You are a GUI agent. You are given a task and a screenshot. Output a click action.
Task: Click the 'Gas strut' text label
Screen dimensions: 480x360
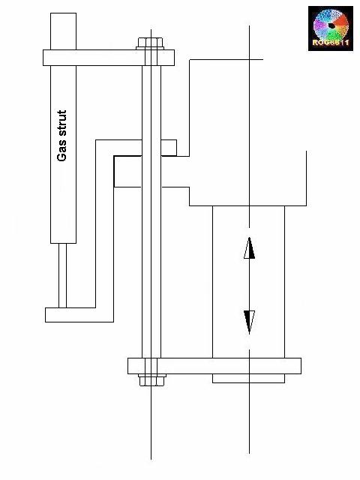click(x=62, y=136)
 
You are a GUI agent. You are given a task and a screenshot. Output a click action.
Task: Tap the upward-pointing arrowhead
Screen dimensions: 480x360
click(x=249, y=247)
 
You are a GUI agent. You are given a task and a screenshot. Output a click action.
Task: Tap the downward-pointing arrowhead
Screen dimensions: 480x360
click(x=249, y=321)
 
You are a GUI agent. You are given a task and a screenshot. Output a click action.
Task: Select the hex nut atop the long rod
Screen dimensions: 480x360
click(x=151, y=42)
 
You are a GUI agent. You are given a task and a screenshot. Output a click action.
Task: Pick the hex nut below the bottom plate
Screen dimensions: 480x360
click(x=151, y=380)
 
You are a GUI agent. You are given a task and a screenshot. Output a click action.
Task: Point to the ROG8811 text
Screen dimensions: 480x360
click(x=330, y=44)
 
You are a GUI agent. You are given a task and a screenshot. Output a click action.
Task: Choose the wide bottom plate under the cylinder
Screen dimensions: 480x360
click(x=214, y=366)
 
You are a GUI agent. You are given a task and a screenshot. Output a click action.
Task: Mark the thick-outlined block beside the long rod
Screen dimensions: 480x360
click(x=127, y=171)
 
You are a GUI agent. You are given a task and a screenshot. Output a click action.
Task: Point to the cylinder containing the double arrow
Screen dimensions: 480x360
click(x=248, y=281)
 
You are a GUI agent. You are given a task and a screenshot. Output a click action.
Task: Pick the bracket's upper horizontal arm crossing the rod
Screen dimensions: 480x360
click(x=135, y=145)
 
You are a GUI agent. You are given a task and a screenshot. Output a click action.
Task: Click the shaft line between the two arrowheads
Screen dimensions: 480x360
click(x=249, y=285)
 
